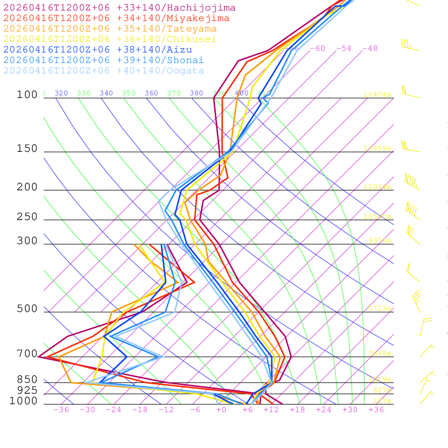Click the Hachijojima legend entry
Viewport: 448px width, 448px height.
point(119,8)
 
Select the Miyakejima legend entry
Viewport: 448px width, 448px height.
point(116,18)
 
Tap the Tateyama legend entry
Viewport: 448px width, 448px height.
point(110,29)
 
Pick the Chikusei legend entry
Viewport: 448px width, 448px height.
point(109,39)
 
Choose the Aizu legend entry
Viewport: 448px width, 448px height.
point(97,50)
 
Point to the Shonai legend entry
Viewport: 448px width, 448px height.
point(103,60)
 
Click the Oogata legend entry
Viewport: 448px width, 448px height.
point(103,71)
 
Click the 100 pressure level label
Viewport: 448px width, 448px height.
point(27,95)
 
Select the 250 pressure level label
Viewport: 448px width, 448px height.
point(27,217)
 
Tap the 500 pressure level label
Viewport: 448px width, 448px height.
point(27,309)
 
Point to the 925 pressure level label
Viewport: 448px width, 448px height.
point(27,390)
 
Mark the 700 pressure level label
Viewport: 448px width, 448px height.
point(27,354)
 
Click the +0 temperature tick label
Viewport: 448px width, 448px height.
point(221,410)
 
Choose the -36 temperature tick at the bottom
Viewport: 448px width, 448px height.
point(61,410)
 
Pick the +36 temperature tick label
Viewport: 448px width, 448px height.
point(376,410)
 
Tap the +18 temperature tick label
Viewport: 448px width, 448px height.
point(297,410)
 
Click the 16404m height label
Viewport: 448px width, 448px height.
point(377,94)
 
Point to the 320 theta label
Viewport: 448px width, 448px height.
point(61,93)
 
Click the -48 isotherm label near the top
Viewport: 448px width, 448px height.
point(370,49)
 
